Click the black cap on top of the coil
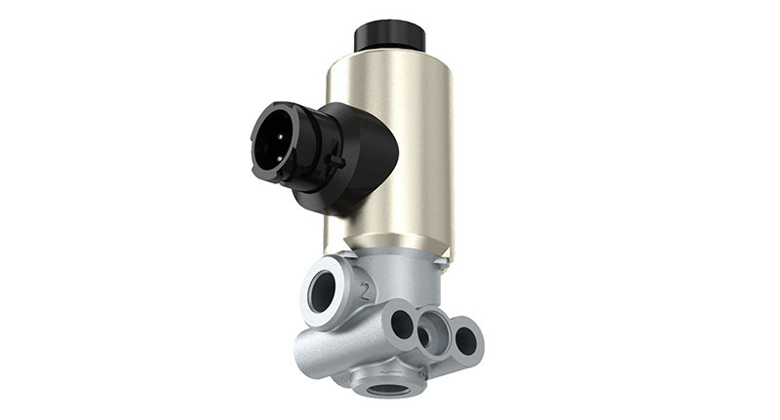(x=389, y=35)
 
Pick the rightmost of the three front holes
(x=465, y=340)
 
